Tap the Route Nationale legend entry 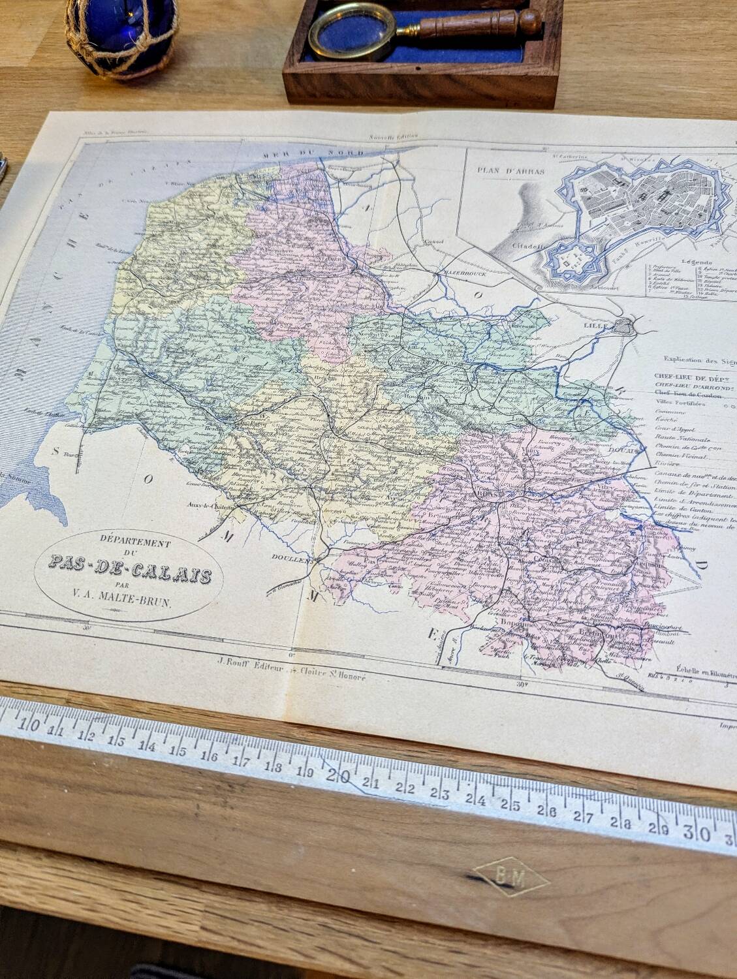[682, 439]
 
